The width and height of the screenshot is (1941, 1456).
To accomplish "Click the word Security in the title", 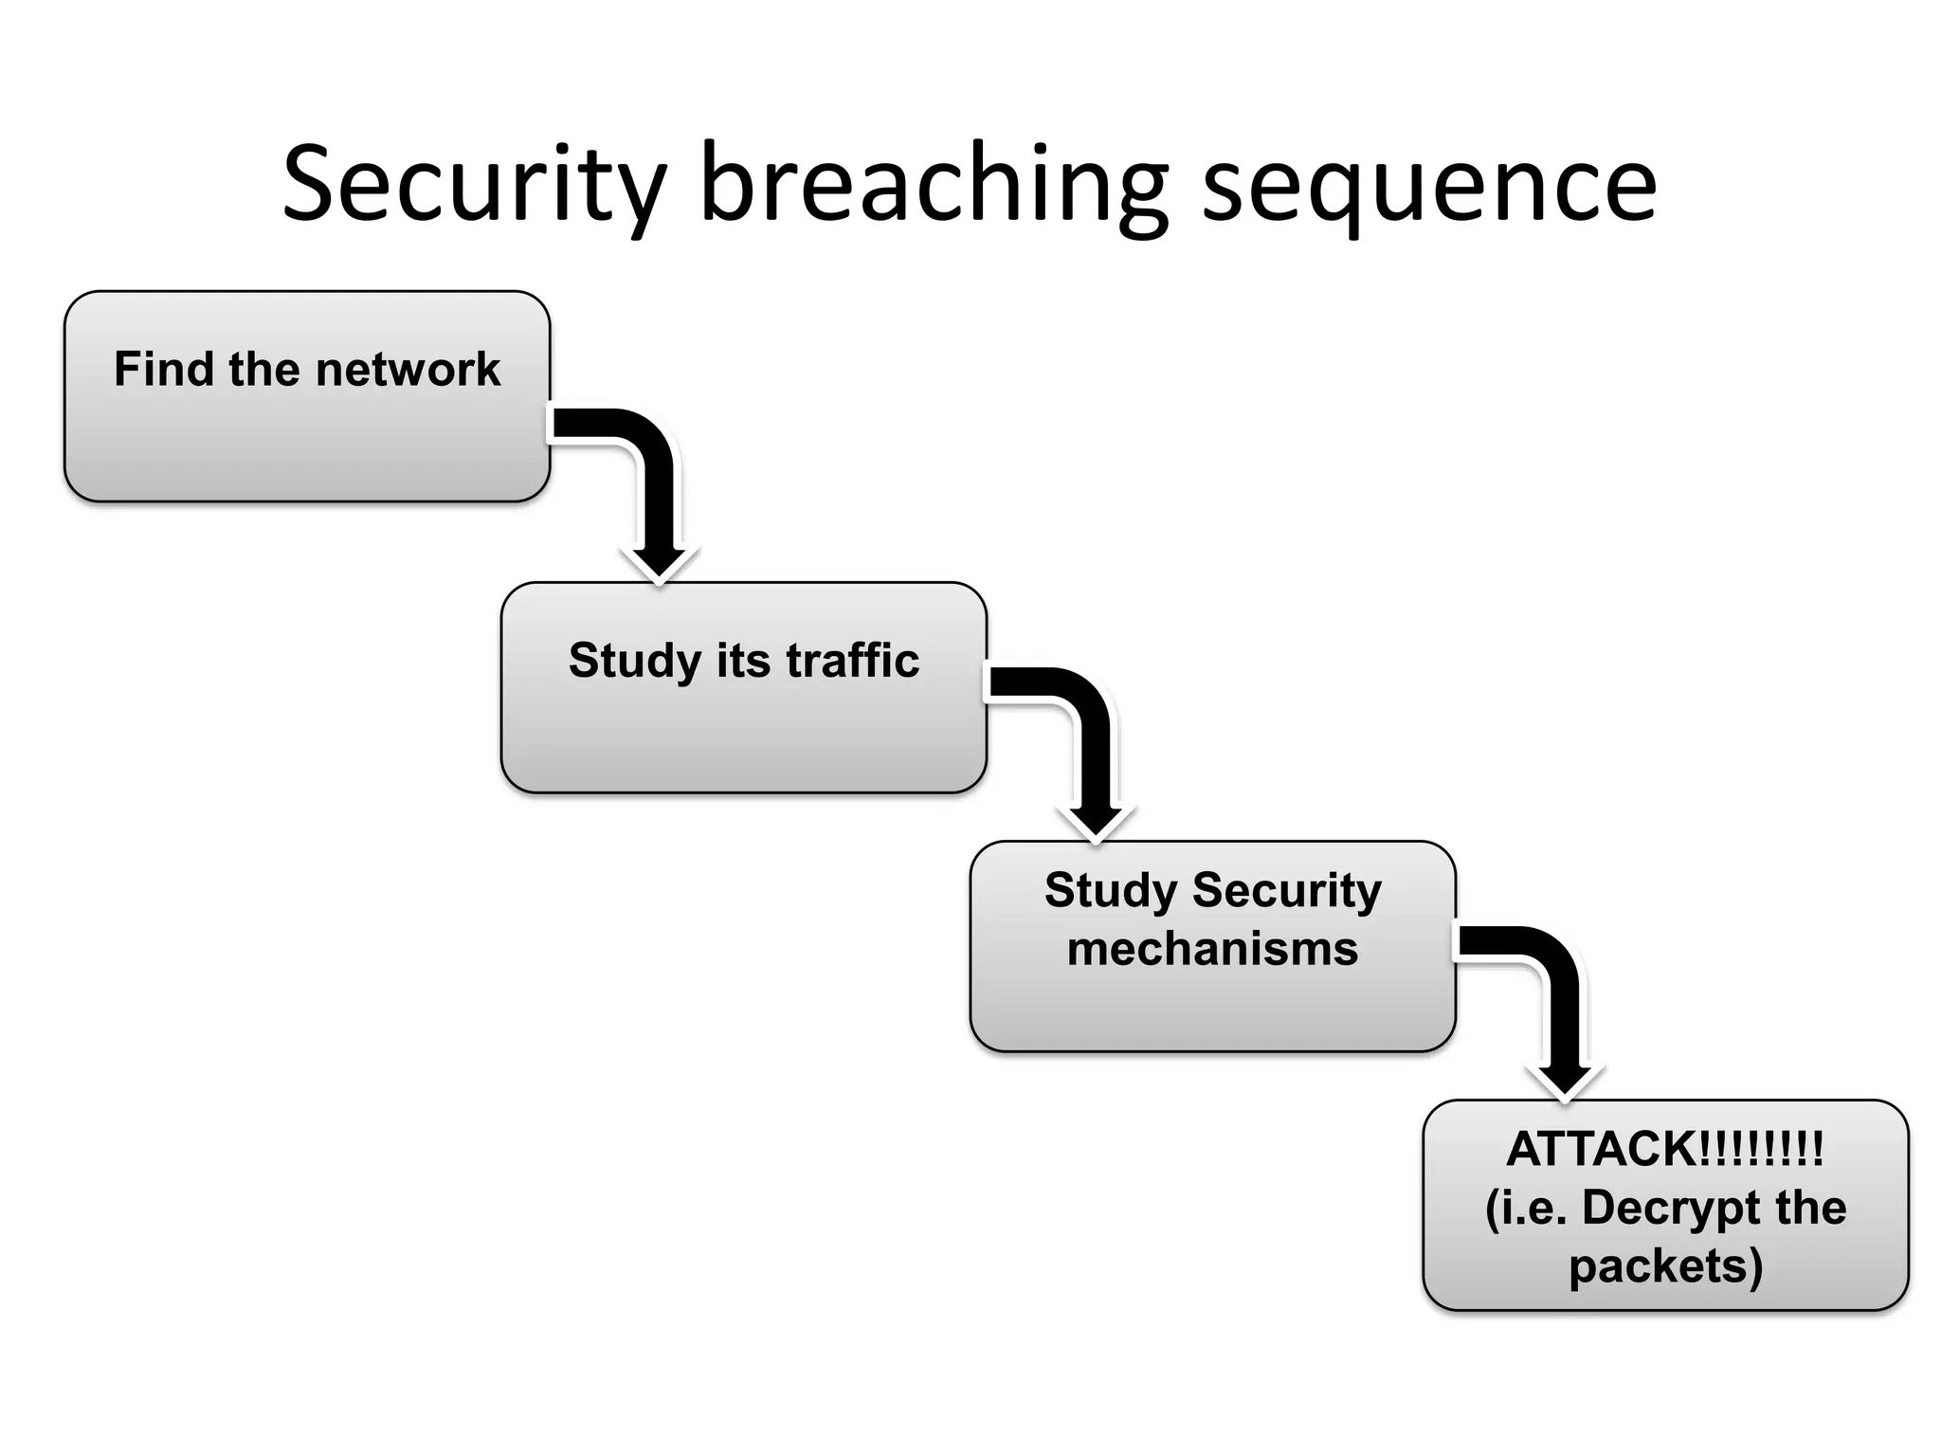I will (474, 185).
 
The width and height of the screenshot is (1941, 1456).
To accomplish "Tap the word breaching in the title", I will (934, 185).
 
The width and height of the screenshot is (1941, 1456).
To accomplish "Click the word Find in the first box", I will (163, 369).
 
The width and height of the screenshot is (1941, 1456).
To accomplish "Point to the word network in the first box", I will (408, 369).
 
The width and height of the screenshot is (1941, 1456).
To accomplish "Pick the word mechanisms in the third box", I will (1212, 949).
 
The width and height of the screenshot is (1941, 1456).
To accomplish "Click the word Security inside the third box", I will (1286, 890).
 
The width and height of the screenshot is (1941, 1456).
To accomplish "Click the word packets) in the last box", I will (1665, 1267).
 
